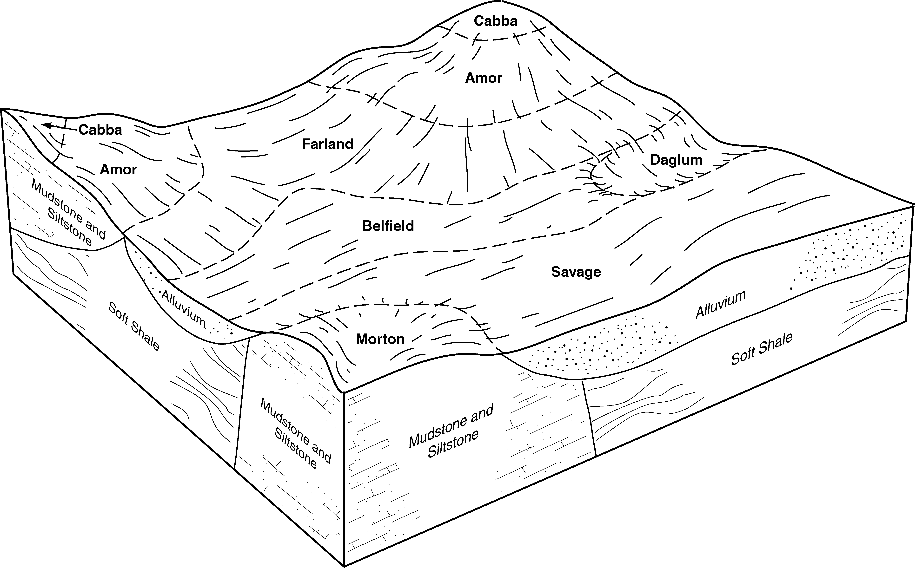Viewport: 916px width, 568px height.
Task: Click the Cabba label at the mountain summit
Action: [x=495, y=21]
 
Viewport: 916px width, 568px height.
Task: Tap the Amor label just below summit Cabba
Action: [x=484, y=78]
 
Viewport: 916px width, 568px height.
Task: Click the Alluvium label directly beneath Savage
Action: [x=720, y=305]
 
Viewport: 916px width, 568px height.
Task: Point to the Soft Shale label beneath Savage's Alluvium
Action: [x=762, y=349]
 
